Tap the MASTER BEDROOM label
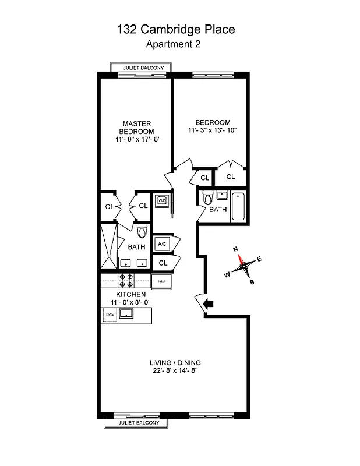[137, 128]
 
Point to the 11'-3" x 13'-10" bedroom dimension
[212, 130]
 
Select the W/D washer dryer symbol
[162, 200]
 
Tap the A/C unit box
[162, 244]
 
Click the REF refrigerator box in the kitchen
[163, 281]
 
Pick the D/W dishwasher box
[110, 315]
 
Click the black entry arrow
[209, 303]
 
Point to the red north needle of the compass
[239, 259]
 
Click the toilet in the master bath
[142, 232]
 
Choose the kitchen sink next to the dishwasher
[126, 315]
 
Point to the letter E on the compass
[259, 260]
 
